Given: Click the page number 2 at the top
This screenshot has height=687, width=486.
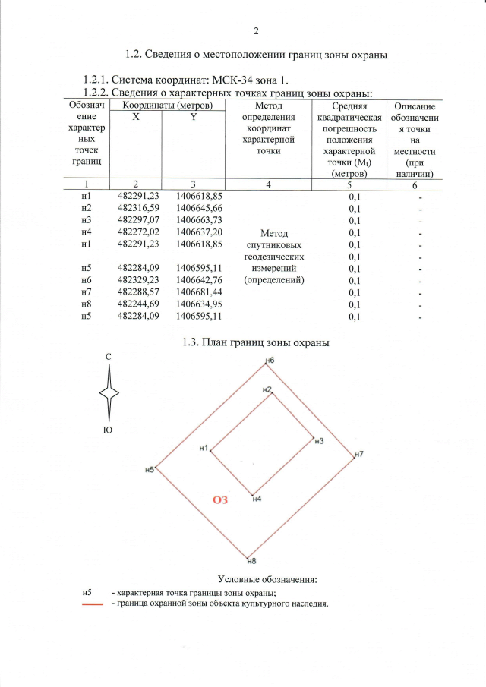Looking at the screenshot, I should [x=256, y=31].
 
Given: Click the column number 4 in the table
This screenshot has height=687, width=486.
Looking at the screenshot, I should [x=269, y=184].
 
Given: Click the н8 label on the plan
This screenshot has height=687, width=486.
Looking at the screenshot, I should [x=252, y=561].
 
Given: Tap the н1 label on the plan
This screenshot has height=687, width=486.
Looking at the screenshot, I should [x=203, y=449].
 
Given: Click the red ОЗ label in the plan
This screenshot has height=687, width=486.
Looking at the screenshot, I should [x=220, y=499].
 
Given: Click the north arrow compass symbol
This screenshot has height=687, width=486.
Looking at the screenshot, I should [x=111, y=392].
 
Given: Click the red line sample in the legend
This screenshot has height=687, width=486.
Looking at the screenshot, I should [x=93, y=605].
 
